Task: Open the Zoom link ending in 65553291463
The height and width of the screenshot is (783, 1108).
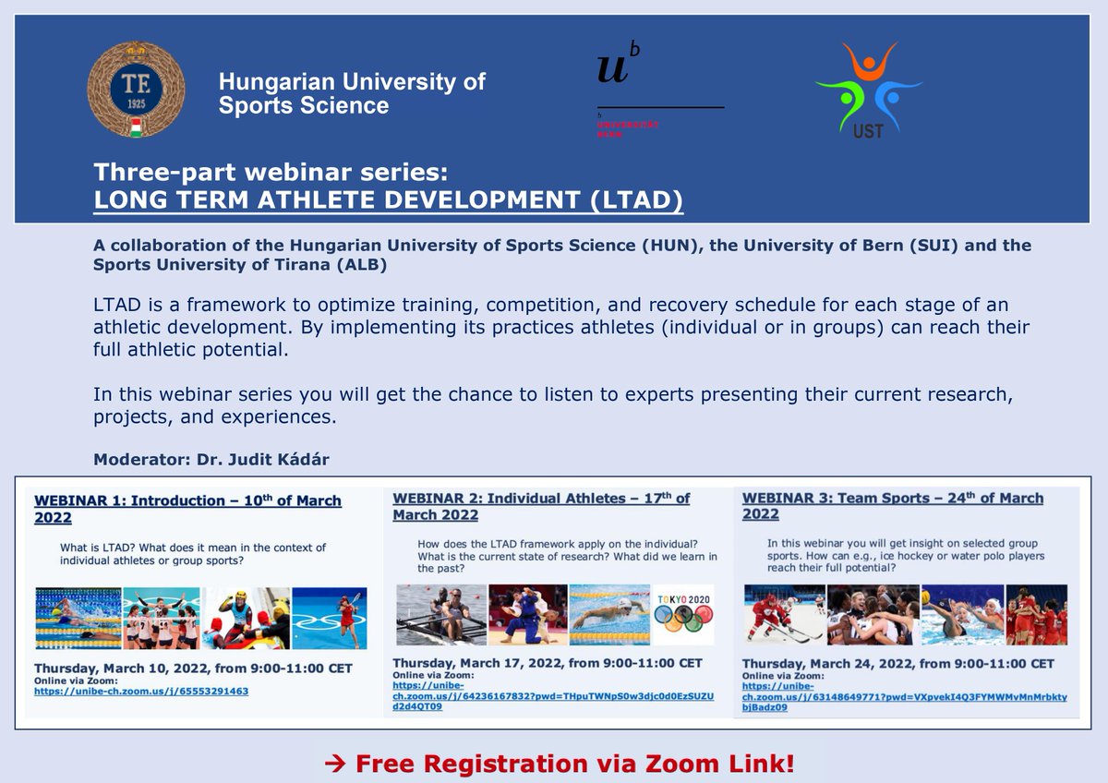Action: tap(141, 691)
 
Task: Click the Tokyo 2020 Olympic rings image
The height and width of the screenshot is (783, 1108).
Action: tap(687, 614)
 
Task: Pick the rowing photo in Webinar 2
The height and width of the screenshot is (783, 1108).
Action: tap(440, 614)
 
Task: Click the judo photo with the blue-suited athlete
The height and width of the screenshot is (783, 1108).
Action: tap(527, 614)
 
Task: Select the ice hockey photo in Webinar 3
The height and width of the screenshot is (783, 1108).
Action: tap(784, 614)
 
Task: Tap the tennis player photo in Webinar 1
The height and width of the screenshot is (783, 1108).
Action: tap(330, 619)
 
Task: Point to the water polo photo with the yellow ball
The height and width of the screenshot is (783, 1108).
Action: tap(960, 614)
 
